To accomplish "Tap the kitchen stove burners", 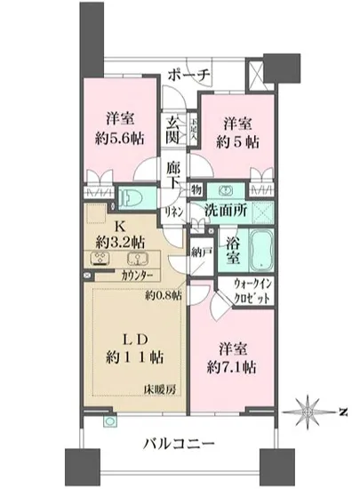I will [100, 260].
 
